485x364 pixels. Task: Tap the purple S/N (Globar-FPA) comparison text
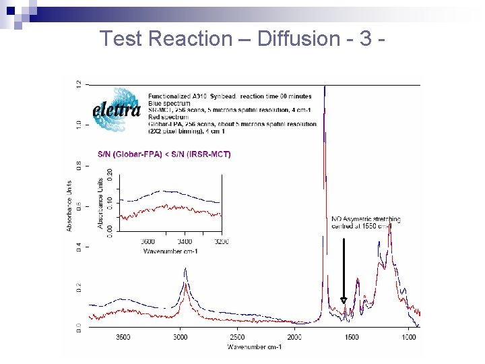click(164, 154)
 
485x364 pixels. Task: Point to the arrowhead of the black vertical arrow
click(344, 301)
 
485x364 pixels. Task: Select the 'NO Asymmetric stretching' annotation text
click(366, 219)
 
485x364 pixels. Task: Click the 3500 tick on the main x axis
click(123, 336)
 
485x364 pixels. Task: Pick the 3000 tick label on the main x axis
click(181, 336)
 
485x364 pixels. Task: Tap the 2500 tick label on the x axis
click(238, 336)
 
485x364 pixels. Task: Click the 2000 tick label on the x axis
click(294, 336)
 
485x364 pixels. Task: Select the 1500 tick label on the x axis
click(352, 336)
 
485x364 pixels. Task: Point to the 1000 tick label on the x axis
click(408, 336)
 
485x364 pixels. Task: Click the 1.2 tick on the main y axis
click(79, 84)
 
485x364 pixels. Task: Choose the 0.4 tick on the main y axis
click(79, 247)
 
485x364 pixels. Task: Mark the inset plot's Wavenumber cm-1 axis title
click(170, 251)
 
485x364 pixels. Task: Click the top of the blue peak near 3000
click(185, 268)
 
